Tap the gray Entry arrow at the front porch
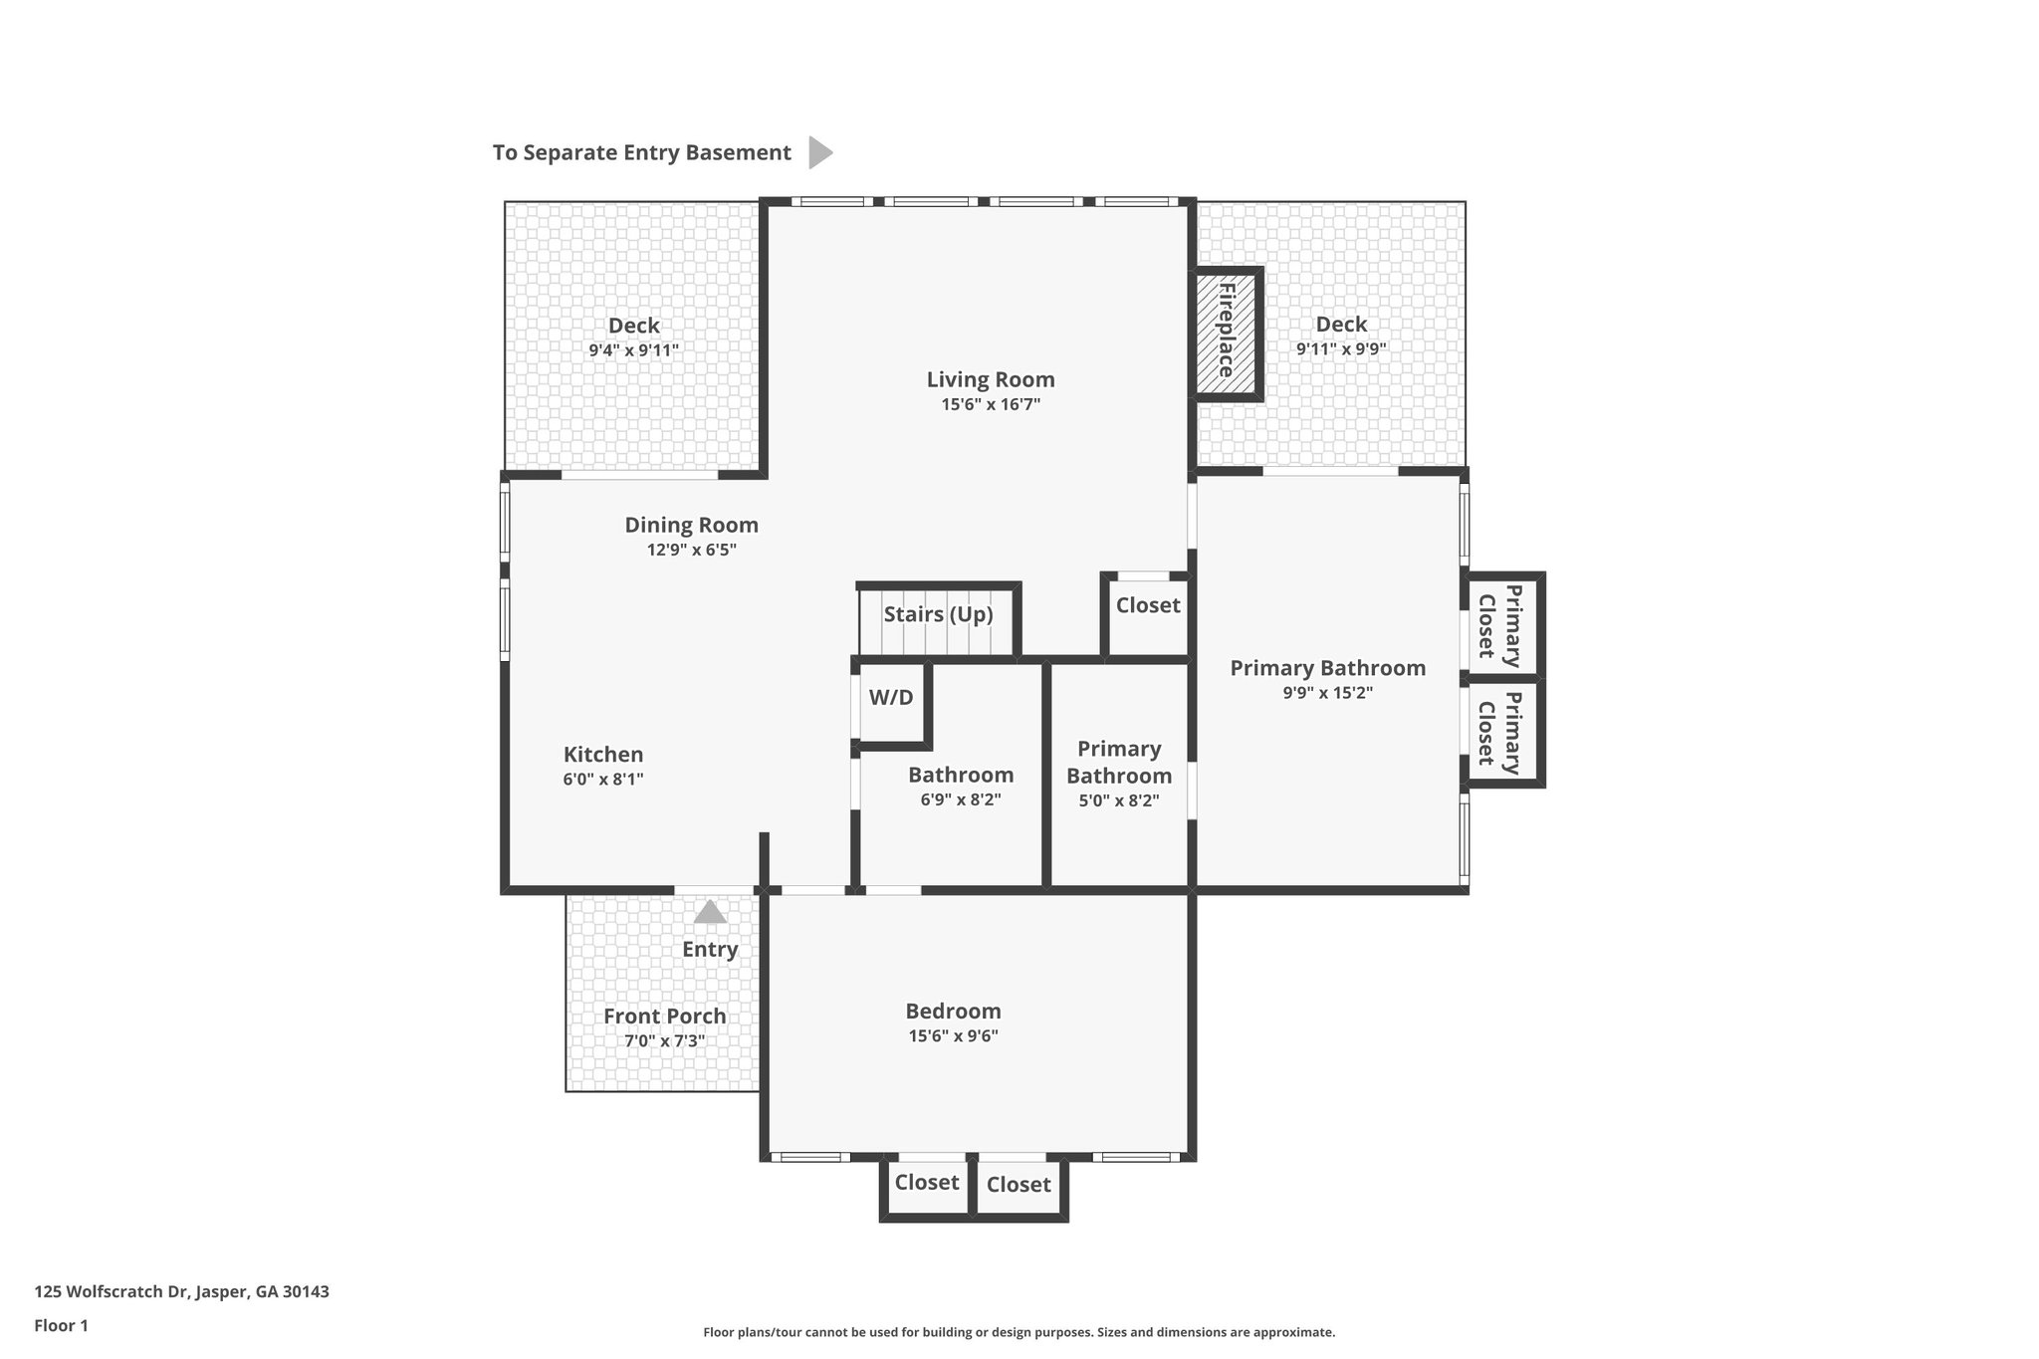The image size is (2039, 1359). click(x=710, y=912)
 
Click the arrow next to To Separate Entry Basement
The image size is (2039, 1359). click(x=819, y=152)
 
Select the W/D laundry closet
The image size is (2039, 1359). click(x=891, y=698)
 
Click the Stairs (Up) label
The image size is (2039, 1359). click(x=938, y=614)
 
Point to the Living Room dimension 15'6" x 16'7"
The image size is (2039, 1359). click(x=991, y=404)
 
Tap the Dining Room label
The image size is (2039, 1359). click(x=691, y=525)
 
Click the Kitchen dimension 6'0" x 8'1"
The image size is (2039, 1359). click(x=603, y=780)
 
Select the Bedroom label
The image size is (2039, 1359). click(x=953, y=1012)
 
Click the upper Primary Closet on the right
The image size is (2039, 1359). click(x=1500, y=626)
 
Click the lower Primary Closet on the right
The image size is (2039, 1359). click(x=1500, y=733)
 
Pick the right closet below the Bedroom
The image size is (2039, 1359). click(x=1019, y=1185)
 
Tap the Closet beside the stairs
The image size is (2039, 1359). click(x=1148, y=605)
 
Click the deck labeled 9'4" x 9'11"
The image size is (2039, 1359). click(x=633, y=337)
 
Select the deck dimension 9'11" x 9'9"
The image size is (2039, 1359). click(x=1341, y=349)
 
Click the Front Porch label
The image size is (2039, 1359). click(x=665, y=1017)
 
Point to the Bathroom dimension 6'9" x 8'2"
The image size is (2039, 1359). click(x=961, y=799)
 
